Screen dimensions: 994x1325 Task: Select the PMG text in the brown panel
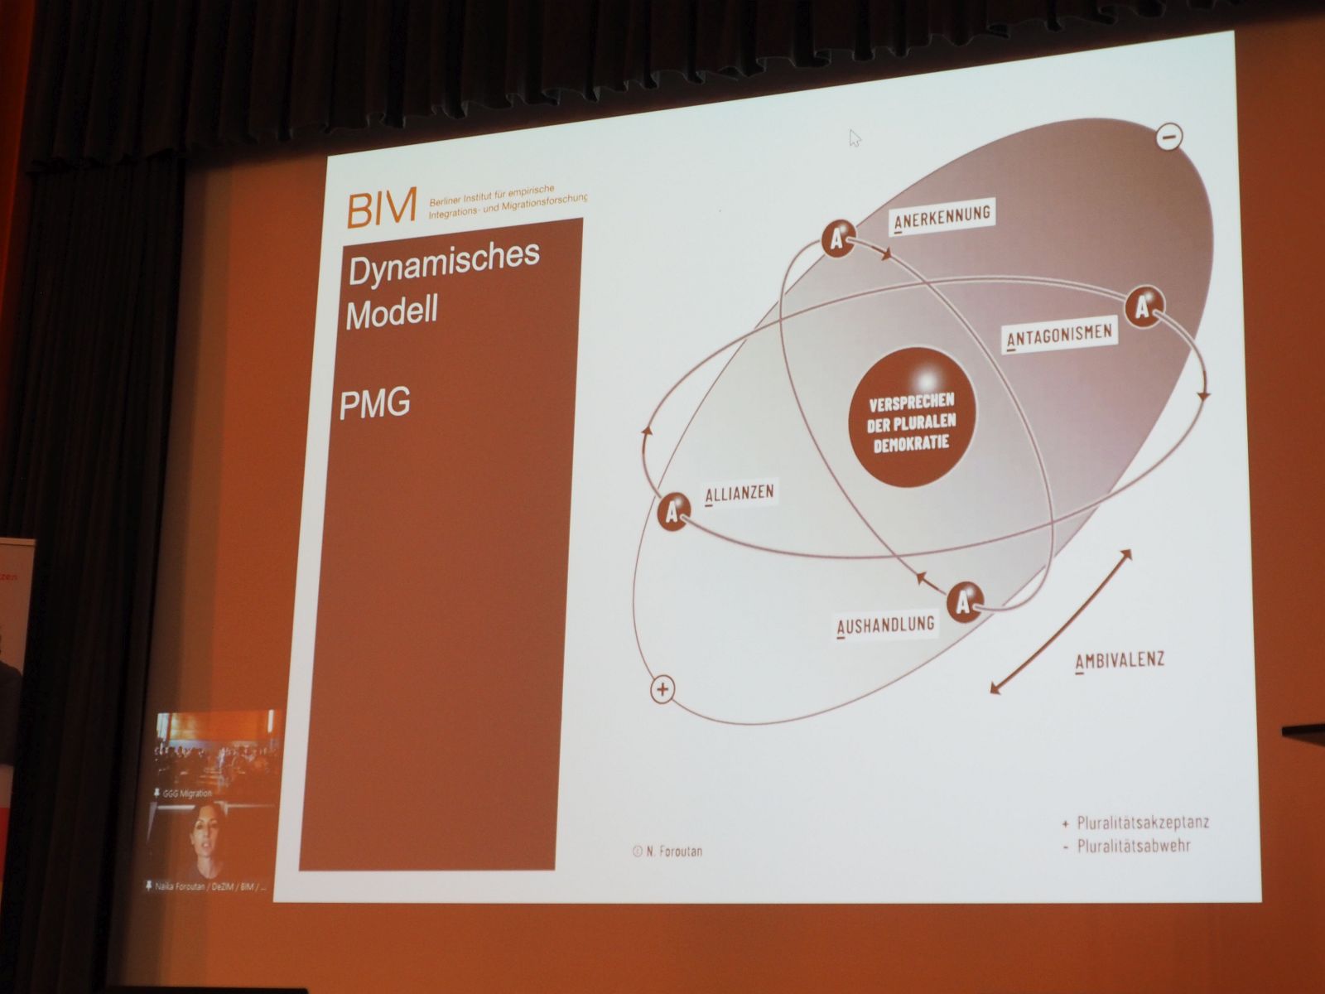click(x=375, y=403)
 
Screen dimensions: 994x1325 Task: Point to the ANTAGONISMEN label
click(x=1059, y=335)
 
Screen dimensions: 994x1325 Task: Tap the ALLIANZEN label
click(x=740, y=494)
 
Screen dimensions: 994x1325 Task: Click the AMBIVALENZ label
click(x=1120, y=660)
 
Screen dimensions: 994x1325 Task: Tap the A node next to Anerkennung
click(x=839, y=240)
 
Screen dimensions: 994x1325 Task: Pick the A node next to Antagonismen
click(x=1144, y=307)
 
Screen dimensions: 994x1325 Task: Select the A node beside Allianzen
click(x=674, y=512)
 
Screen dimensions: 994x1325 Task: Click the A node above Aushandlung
click(x=964, y=601)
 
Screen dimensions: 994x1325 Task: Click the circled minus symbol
click(x=1168, y=138)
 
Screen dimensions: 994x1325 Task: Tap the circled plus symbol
click(x=662, y=689)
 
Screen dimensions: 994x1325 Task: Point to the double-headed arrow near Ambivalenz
click(x=1061, y=620)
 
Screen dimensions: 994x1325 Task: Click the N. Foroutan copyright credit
click(x=668, y=851)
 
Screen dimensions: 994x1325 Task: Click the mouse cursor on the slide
click(x=855, y=138)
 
